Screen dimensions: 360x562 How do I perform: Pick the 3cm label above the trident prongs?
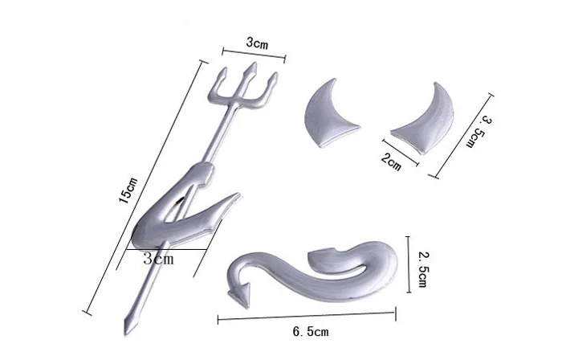click(257, 40)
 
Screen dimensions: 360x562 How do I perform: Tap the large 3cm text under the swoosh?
click(157, 259)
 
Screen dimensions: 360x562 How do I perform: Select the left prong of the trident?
click(221, 81)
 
